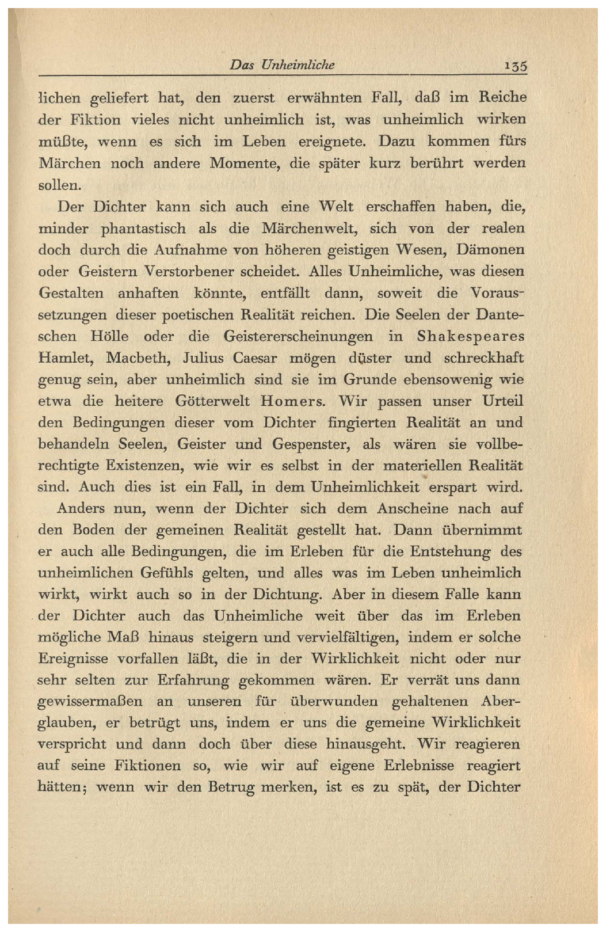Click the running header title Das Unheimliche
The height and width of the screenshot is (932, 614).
pyautogui.click(x=282, y=64)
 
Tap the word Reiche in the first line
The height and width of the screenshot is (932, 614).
pyautogui.click(x=502, y=97)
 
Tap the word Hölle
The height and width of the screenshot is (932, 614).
pyautogui.click(x=109, y=336)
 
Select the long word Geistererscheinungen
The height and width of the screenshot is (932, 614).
pyautogui.click(x=298, y=336)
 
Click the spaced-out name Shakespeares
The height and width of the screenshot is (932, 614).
pyautogui.click(x=471, y=336)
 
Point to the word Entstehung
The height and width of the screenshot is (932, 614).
pyautogui.click(x=450, y=552)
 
